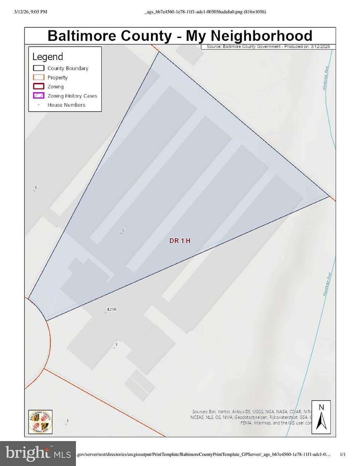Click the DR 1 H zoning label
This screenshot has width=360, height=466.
pos(180,241)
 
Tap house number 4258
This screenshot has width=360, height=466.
pos(111,309)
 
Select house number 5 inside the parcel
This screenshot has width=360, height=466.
pos(123,230)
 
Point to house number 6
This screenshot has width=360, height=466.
pos(36,188)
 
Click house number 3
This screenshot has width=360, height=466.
pos(116,345)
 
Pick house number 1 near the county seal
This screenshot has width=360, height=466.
pos(68,421)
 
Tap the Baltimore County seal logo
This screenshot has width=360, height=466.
pos(41,422)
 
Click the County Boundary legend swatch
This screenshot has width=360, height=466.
pos(38,68)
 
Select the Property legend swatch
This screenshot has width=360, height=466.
pos(38,77)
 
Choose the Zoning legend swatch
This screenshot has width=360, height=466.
pos(38,87)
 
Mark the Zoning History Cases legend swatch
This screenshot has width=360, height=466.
pos(38,96)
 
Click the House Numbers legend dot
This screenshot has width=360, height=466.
pos(38,105)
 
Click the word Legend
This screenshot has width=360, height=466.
pos(48,57)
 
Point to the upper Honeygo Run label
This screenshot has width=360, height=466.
pos(326,78)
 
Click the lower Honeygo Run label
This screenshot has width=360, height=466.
pos(326,284)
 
